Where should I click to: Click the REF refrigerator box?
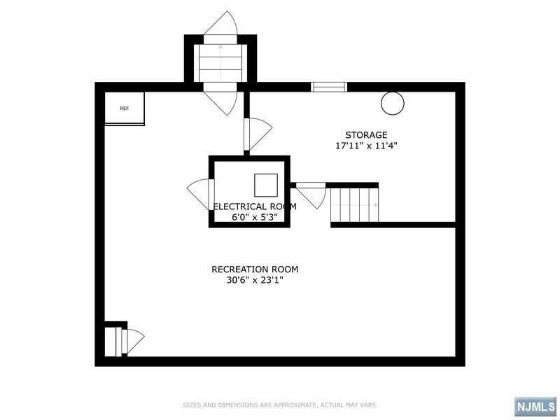(x=125, y=108)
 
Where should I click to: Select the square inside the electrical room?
(x=266, y=185)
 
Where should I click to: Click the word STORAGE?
(x=366, y=135)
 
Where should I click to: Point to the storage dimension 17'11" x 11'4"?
(x=366, y=146)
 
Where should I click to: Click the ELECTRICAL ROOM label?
(x=255, y=206)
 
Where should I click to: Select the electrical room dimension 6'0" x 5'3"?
(x=255, y=217)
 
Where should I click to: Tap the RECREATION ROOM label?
(x=255, y=269)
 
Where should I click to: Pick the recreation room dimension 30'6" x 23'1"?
(x=255, y=280)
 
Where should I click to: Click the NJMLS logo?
(x=535, y=407)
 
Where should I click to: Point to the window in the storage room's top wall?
(x=328, y=87)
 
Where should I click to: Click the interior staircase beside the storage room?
(x=354, y=205)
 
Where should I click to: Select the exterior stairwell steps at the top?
(x=220, y=63)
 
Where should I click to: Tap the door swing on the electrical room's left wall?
(x=198, y=193)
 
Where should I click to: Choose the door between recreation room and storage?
(x=258, y=134)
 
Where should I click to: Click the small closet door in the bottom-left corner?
(x=133, y=341)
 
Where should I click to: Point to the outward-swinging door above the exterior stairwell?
(x=220, y=23)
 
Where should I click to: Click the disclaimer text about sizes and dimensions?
(x=279, y=405)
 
